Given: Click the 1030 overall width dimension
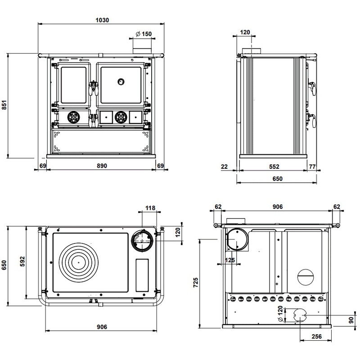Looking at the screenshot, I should [x=103, y=20].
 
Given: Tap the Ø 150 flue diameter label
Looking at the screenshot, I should [x=144, y=34].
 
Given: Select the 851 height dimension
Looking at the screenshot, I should [x=5, y=105].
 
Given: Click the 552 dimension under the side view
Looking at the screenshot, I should [x=274, y=166].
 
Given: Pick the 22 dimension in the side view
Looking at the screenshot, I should [x=225, y=166].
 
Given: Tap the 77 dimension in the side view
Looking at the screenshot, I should [x=312, y=166].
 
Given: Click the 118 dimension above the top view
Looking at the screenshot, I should [x=150, y=208].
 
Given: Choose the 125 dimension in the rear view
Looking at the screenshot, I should [x=230, y=260].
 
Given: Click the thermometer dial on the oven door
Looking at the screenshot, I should [x=121, y=81].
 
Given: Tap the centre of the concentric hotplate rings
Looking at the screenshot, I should [x=77, y=261].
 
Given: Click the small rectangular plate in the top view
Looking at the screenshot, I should [x=142, y=275].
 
